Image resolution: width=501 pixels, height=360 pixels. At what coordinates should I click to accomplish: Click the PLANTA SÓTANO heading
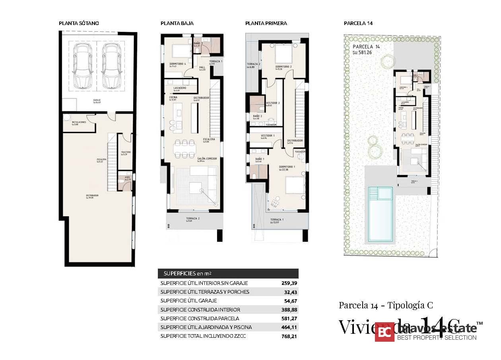tap(79, 23)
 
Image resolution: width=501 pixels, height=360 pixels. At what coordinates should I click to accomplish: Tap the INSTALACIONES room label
tap(79, 123)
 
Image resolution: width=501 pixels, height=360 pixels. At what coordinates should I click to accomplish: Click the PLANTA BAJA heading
tap(177, 23)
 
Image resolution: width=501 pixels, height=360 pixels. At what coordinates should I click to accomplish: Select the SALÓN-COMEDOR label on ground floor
tap(207, 159)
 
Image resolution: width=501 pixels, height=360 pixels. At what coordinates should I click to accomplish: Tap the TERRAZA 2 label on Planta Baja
tap(192, 219)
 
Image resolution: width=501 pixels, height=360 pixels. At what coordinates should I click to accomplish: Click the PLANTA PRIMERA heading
tap(266, 23)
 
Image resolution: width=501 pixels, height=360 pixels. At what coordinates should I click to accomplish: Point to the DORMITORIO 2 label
tap(284, 67)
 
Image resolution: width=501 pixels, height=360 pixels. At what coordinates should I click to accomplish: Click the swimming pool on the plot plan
tap(380, 214)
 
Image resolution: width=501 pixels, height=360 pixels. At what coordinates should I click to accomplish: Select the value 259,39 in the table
tap(289, 283)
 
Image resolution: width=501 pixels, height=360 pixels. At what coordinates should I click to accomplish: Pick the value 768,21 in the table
tap(289, 336)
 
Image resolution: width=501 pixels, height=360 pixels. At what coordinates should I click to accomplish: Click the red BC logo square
tap(384, 332)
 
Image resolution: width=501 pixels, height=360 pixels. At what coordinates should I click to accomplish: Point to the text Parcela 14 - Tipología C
tap(386, 305)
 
